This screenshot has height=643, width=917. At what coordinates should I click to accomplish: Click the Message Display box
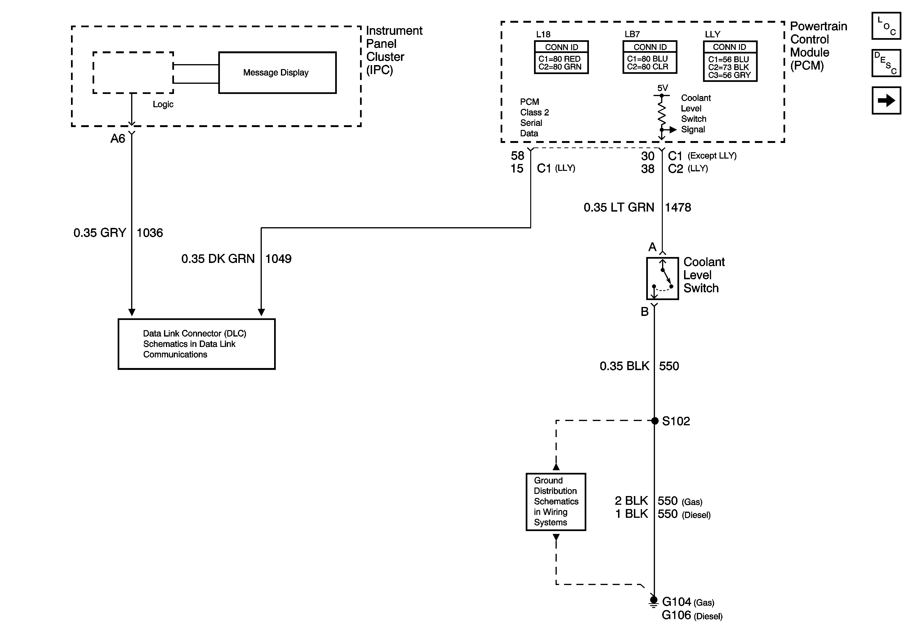click(277, 73)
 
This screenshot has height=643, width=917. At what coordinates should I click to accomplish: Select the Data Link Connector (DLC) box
click(196, 344)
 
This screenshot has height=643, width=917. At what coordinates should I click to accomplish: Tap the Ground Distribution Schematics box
click(556, 502)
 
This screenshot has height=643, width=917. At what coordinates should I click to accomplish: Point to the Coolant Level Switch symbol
click(662, 278)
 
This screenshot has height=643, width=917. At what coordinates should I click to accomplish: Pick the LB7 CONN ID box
click(650, 57)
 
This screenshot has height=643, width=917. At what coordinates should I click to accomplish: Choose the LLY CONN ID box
click(730, 61)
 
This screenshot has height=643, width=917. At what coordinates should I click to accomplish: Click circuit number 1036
click(150, 233)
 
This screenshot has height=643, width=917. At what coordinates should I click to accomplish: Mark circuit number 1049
click(278, 259)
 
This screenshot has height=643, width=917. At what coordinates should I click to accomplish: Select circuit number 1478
click(678, 207)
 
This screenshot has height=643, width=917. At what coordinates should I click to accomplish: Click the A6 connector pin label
click(118, 139)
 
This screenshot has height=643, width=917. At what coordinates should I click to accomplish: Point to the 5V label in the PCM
click(662, 88)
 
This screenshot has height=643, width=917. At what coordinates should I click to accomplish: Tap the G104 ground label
click(676, 601)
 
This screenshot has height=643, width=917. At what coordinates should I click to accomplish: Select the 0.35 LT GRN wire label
click(619, 207)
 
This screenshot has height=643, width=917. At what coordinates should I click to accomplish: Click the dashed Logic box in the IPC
click(133, 73)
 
